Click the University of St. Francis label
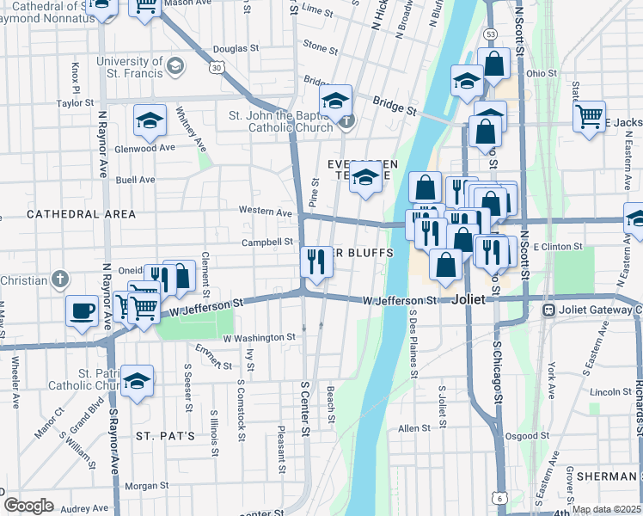tap(129, 66)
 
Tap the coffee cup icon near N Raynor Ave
tap(82, 310)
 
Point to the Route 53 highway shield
tap(489, 34)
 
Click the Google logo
tap(28, 505)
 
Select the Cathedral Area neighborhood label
tap(81, 213)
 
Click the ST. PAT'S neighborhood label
tap(165, 437)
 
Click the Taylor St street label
tap(75, 103)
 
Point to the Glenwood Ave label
tap(148, 148)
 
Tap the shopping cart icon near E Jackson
tap(589, 116)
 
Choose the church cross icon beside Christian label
tap(58, 279)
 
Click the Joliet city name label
tap(473, 300)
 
